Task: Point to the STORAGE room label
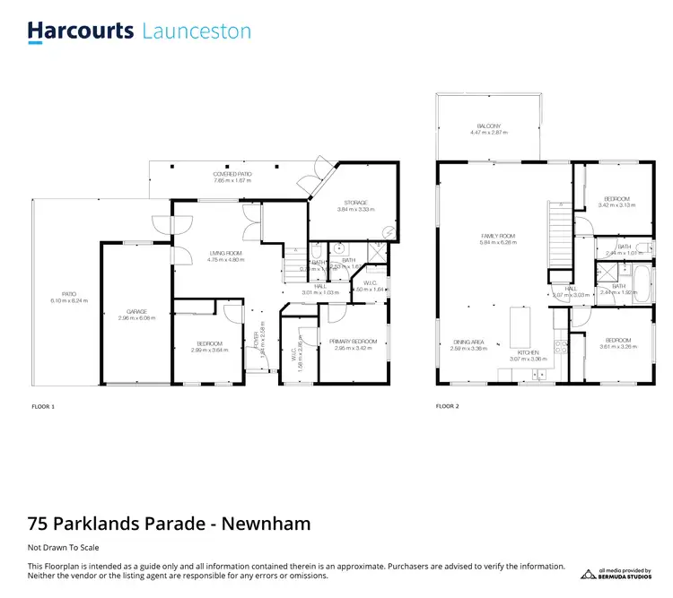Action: (355, 203)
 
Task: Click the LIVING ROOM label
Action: (226, 253)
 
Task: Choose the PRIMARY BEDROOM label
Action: (353, 341)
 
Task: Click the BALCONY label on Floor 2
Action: (488, 126)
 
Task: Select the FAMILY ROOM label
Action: (497, 236)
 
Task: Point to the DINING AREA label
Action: (468, 342)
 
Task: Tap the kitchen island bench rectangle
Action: (520, 327)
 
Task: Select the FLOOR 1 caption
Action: (42, 406)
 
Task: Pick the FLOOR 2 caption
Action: (447, 406)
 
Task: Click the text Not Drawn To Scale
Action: (63, 547)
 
